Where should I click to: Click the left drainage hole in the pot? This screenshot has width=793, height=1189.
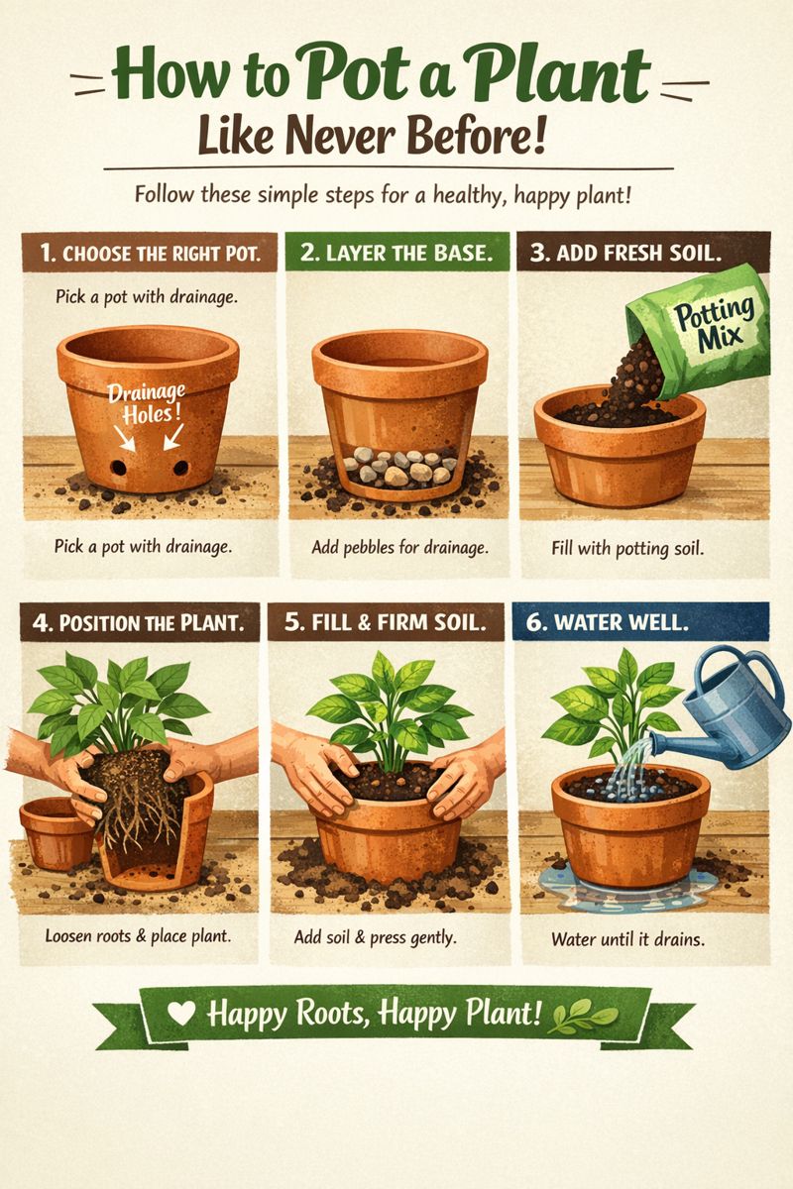pos(118,468)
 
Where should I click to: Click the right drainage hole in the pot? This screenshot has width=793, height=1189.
pos(180,468)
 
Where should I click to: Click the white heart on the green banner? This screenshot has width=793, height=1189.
pos(181,1014)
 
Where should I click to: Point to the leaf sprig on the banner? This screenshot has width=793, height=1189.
pos(584,1015)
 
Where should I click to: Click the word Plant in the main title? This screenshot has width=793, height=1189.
pos(558,75)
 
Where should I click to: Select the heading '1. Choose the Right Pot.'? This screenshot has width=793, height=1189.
pos(151,254)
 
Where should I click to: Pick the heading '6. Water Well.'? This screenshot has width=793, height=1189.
pos(607,622)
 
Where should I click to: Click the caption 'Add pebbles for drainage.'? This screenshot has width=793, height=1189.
pos(399,547)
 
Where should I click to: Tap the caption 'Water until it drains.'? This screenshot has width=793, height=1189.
pos(627,939)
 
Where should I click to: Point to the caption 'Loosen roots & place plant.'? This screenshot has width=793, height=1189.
pos(138,935)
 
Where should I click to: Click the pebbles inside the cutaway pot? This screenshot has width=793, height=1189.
pos(398,466)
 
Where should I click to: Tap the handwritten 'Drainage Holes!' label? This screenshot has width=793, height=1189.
pos(147,403)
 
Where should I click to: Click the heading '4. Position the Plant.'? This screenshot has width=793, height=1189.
pos(139,622)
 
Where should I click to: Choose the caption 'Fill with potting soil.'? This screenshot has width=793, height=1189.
pos(627,548)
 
